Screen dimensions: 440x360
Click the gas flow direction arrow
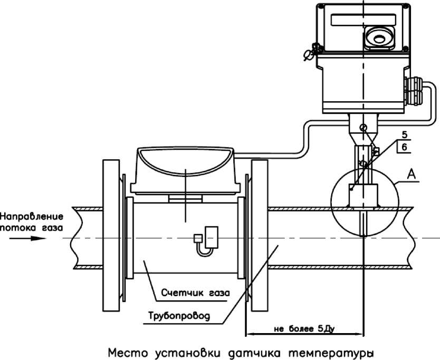(x=27, y=238)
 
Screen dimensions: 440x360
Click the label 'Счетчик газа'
(x=196, y=293)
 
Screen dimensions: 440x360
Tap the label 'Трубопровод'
(x=179, y=316)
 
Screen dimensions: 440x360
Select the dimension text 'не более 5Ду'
(x=304, y=328)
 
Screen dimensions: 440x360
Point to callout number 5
(x=404, y=135)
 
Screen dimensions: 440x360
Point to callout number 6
(x=404, y=147)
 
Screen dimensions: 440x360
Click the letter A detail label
(x=412, y=174)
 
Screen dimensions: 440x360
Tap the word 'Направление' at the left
(x=32, y=217)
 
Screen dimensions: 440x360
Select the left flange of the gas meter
(x=111, y=235)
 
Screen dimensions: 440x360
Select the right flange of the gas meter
(x=259, y=235)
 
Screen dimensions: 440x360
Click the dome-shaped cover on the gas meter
(x=185, y=161)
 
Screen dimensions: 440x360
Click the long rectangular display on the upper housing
(x=364, y=20)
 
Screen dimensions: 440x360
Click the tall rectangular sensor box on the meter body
(x=212, y=237)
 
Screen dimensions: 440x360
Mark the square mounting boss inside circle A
(x=364, y=196)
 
